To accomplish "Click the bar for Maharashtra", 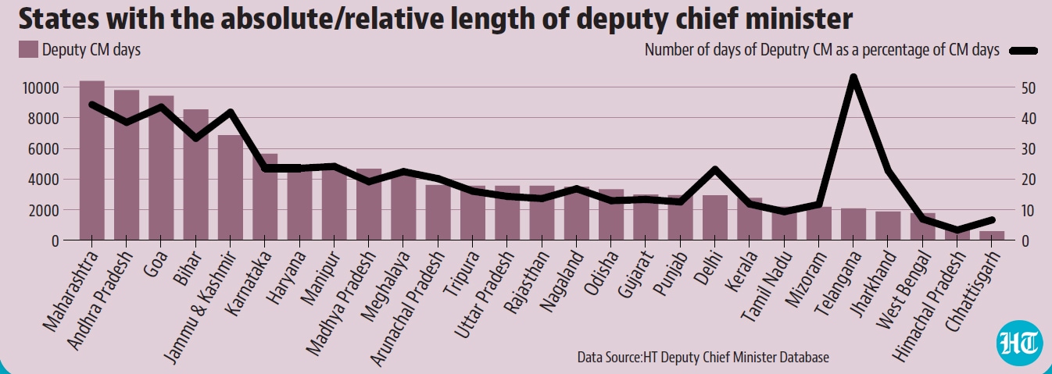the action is tap(92, 161).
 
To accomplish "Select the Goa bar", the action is tap(161, 168).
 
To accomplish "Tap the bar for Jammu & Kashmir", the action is tap(230, 187).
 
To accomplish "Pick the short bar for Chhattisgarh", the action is tap(992, 236).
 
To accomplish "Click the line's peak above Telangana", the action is tap(853, 77).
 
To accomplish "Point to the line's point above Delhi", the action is tap(715, 169).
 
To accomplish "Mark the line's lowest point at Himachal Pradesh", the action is tap(957, 230).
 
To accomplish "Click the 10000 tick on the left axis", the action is tap(41, 87).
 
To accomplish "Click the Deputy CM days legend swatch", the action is tap(28, 49).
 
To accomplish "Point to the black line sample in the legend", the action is tap(1023, 52).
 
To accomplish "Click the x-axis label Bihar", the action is tap(188, 268).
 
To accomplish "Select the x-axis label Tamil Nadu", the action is tap(767, 287).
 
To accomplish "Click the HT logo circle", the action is tap(1018, 343).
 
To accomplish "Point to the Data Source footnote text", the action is tap(703, 357).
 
